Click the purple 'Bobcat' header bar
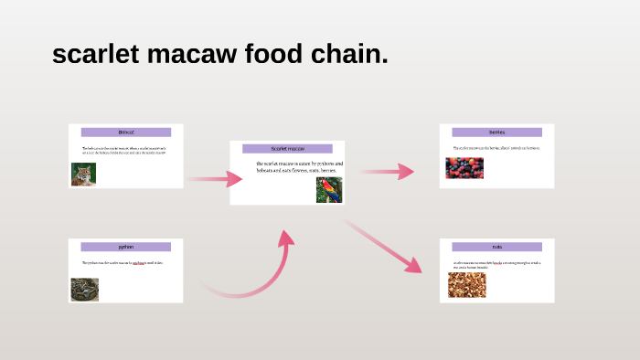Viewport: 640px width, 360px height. coord(126,132)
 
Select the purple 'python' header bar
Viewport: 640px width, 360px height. coord(126,247)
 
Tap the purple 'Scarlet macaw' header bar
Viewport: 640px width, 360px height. coord(287,148)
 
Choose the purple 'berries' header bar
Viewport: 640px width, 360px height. coord(496,132)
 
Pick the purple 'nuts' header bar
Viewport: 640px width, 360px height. coord(496,247)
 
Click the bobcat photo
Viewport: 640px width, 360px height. coord(84,175)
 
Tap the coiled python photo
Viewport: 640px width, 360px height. coord(84,289)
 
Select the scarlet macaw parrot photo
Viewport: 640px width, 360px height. coord(329,189)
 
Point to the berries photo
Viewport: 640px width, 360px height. coord(464,168)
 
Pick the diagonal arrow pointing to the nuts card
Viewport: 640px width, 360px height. coord(384,246)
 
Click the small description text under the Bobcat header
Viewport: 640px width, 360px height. coord(123,150)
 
